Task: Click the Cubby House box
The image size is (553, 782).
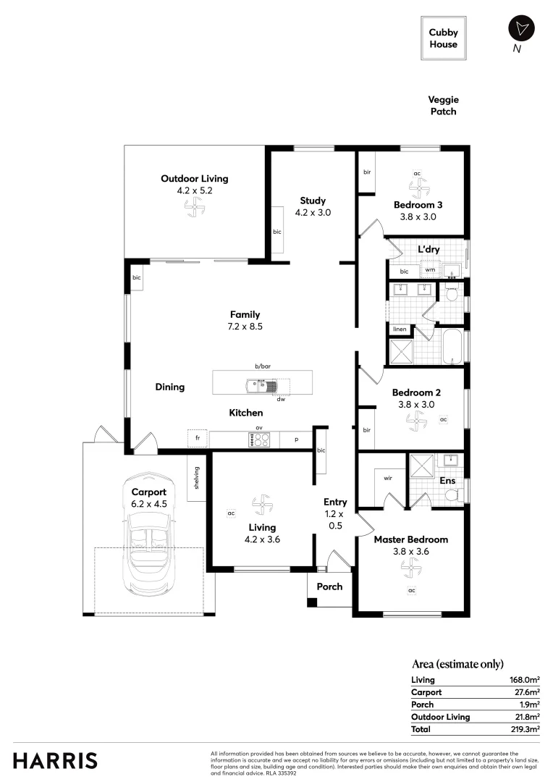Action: tap(443, 38)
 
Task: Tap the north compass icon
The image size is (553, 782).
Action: tap(520, 29)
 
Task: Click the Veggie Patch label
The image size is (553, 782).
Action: tap(443, 106)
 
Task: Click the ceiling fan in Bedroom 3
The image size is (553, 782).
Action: tap(417, 188)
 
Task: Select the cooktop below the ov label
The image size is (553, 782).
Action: tap(259, 440)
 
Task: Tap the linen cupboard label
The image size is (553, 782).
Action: tap(400, 329)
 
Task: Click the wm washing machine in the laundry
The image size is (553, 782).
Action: tap(430, 270)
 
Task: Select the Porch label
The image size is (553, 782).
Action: tap(329, 586)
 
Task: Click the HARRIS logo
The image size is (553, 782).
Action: tap(55, 760)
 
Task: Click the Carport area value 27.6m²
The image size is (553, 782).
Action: tap(525, 692)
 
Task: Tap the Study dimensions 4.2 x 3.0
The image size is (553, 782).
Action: tap(313, 213)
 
